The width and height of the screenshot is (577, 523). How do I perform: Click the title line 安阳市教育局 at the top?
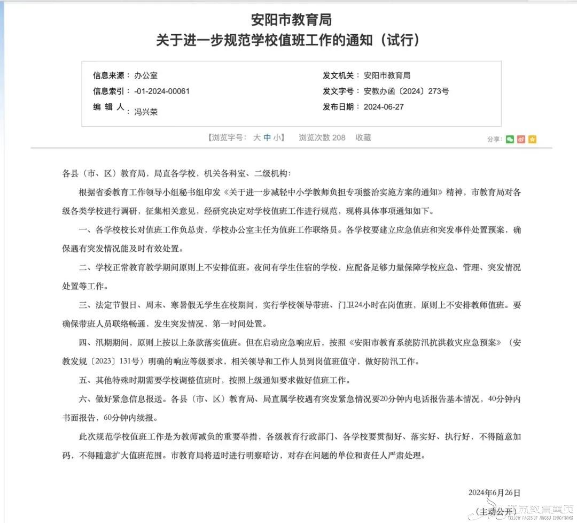[x=291, y=20]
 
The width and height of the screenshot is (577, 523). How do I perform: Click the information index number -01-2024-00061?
[x=162, y=91]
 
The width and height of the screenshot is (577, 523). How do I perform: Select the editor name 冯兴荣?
[x=146, y=112]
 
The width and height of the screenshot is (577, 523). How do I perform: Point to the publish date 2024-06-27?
[x=384, y=106]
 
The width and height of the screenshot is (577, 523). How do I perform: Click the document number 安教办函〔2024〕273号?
[x=406, y=91]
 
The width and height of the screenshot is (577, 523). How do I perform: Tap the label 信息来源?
[x=108, y=75]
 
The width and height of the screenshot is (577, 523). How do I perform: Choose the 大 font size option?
[x=257, y=137]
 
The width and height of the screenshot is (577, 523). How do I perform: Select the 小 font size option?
[x=277, y=137]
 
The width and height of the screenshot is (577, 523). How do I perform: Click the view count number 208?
[x=339, y=137]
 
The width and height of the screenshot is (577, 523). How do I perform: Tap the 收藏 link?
[x=363, y=137]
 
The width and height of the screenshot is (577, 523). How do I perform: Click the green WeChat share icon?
[x=510, y=139]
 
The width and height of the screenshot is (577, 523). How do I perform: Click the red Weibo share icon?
[x=521, y=139]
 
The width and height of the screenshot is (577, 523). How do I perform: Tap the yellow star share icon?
[x=532, y=139]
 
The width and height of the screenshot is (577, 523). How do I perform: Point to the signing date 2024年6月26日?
[x=494, y=493]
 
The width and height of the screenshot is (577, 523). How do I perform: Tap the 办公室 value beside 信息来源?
[x=146, y=75]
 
